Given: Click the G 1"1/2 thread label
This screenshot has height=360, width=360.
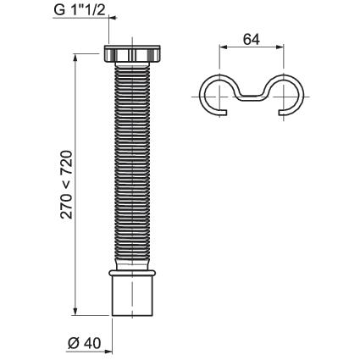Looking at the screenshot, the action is pyautogui.click(x=80, y=9).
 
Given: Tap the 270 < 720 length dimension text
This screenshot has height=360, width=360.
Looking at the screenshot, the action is pyautogui.click(x=67, y=185).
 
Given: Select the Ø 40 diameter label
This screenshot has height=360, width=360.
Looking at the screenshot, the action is pyautogui.click(x=84, y=343).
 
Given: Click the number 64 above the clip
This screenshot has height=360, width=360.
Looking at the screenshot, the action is pyautogui.click(x=251, y=40).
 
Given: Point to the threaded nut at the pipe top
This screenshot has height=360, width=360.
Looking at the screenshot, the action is pyautogui.click(x=132, y=53).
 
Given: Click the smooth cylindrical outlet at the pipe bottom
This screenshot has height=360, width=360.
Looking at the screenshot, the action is pyautogui.click(x=132, y=296).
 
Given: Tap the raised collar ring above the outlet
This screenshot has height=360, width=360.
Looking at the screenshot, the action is pyautogui.click(x=132, y=273).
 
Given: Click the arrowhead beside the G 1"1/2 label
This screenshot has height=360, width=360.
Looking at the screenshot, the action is pyautogui.click(x=113, y=18).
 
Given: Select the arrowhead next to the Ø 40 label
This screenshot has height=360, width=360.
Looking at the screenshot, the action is pyautogui.click(x=108, y=352).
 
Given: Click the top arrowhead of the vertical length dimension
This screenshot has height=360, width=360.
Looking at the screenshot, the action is pyautogui.click(x=75, y=58).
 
